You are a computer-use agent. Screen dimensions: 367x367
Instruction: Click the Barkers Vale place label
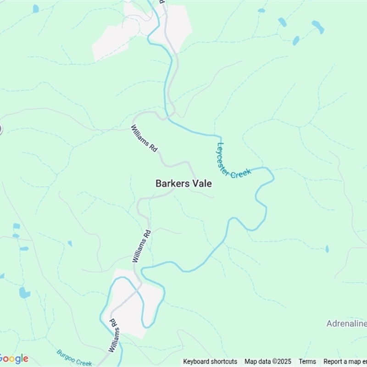(183, 183)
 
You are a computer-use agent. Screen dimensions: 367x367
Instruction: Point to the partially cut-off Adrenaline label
(346, 324)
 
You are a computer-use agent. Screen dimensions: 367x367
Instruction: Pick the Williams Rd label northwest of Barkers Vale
(145, 139)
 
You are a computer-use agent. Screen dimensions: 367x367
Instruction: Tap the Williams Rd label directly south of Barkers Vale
(142, 246)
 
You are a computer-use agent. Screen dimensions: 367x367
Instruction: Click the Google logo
(14, 359)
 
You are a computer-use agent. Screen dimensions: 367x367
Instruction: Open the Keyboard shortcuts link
(210, 361)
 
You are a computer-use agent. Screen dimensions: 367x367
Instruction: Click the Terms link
(307, 361)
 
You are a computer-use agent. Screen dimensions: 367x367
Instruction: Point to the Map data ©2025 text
(268, 361)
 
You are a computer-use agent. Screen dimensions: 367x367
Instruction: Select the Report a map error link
(345, 361)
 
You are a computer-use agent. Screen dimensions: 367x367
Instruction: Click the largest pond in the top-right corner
(318, 27)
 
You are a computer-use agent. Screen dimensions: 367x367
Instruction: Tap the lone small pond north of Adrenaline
(327, 249)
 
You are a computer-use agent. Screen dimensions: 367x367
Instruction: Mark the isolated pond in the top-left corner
(36, 8)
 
